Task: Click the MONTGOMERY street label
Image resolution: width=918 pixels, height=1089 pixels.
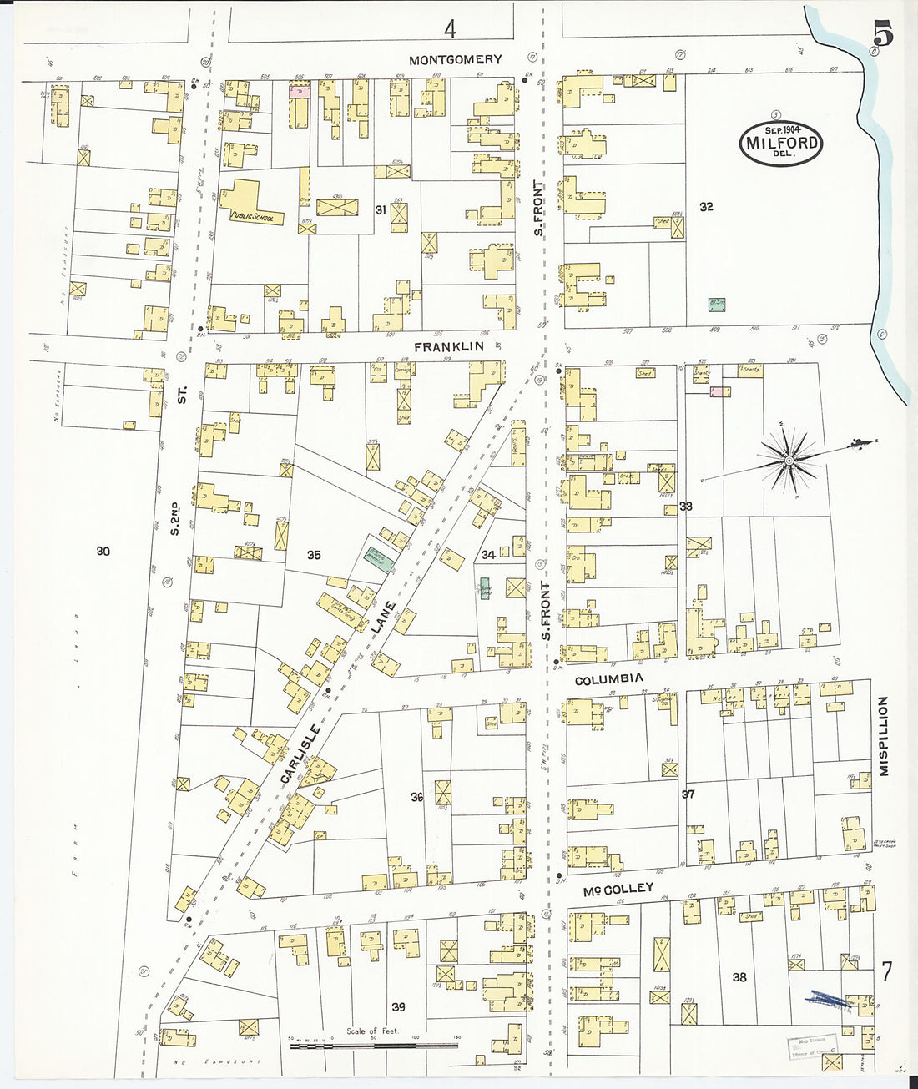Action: coord(456,59)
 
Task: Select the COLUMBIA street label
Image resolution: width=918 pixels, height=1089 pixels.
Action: coord(609,679)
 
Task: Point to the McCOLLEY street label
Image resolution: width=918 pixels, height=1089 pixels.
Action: coord(618,890)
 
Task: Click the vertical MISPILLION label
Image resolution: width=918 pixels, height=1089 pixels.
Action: coord(883,736)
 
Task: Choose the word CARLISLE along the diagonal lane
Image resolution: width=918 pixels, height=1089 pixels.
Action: coord(300,754)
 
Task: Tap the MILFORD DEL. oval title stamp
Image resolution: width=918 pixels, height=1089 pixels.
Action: coord(781,144)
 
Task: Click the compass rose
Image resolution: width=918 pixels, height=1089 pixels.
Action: coord(788,460)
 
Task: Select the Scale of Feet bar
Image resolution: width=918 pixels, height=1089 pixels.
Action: coord(374,1044)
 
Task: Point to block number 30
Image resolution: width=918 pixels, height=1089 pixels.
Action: coord(103,551)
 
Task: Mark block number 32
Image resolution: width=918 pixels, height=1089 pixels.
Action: coord(706,207)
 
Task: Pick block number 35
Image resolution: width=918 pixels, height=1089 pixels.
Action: coord(314,555)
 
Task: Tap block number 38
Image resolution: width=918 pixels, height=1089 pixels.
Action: coord(739,977)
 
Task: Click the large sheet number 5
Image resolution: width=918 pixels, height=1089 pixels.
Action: coord(882,34)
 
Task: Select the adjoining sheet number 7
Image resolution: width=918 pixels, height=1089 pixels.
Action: coord(886,973)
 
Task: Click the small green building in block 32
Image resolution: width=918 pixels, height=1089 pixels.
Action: coord(715,304)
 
